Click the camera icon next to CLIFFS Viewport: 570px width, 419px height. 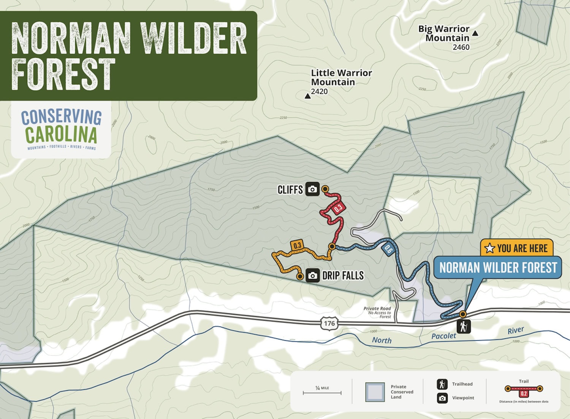point(312,189)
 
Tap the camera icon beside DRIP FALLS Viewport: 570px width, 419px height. point(312,276)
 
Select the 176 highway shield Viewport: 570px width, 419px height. point(329,323)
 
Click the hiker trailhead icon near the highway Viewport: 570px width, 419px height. point(464,327)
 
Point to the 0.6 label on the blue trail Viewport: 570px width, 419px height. point(388,250)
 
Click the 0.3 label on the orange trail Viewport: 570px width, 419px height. point(297,245)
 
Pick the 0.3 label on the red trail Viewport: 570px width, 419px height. point(338,208)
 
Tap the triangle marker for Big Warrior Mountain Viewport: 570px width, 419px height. point(475,33)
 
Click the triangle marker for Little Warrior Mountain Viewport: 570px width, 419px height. point(308,96)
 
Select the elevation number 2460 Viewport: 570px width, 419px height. point(461,47)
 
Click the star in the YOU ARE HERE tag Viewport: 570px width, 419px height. point(490,249)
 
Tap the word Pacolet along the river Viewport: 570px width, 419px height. point(443,336)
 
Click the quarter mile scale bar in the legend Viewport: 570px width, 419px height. point(322,393)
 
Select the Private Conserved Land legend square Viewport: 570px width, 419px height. point(375,392)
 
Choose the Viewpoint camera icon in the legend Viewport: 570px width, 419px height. point(442,398)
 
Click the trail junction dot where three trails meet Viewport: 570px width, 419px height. point(332,247)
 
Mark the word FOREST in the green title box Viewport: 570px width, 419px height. point(63,75)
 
